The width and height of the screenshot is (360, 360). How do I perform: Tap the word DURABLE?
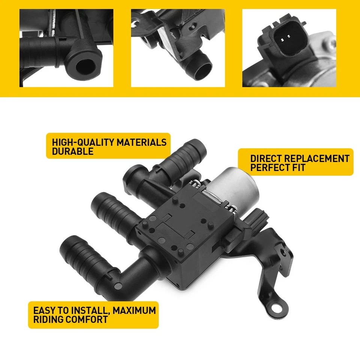point(72,151)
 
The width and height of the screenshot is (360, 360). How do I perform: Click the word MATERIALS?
point(141,142)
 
